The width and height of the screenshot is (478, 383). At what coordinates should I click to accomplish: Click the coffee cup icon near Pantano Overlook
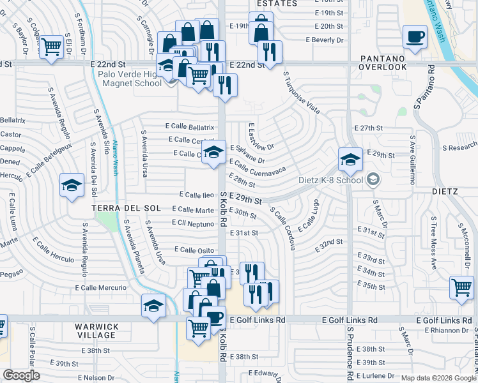pos(415,36)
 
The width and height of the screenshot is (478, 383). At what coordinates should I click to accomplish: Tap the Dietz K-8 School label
pos(332,180)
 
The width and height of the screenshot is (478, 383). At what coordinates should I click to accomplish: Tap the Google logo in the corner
pos(21,375)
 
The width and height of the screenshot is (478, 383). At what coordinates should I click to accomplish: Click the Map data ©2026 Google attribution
pos(439,377)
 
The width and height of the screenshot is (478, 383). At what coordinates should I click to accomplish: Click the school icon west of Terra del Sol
pos(72,185)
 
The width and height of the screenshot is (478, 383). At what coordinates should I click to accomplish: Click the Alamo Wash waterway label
pos(116,157)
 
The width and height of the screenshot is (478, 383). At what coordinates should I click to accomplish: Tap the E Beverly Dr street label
pos(325,40)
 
